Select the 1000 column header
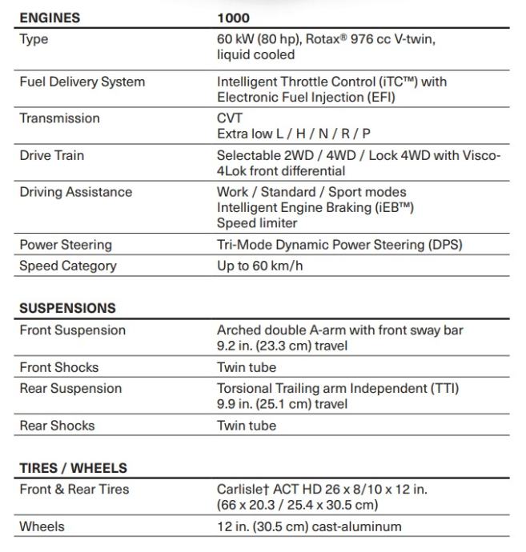[233, 18]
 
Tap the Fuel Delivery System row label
[82, 82]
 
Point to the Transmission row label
[59, 118]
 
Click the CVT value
[230, 118]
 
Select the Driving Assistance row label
[75, 192]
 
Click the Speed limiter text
[256, 223]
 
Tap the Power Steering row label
[65, 245]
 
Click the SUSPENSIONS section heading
[67, 308]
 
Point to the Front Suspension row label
[72, 330]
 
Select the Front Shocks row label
[58, 367]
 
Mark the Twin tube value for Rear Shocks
[246, 426]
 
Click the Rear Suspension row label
[70, 389]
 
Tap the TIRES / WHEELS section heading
[73, 468]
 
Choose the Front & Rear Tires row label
[74, 490]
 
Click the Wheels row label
[42, 526]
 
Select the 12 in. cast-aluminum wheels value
[309, 526]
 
